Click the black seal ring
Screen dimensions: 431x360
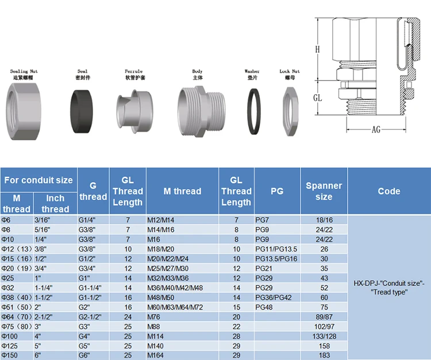(x=82, y=111)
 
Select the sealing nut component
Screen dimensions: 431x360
(x=24, y=111)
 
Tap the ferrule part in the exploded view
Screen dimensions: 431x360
(x=134, y=111)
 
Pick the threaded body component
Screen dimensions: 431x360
(x=202, y=111)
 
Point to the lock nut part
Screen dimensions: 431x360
(x=290, y=111)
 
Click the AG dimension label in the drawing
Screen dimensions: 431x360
(x=376, y=129)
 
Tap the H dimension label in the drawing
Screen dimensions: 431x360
(x=317, y=49)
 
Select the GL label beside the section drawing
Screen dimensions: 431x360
(x=317, y=98)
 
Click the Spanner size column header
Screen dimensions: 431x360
(x=324, y=191)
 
